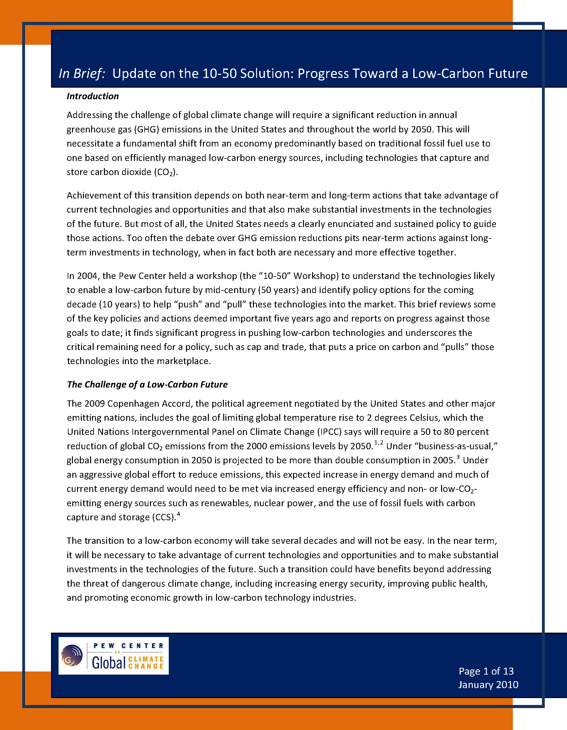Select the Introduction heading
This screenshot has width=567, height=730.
point(93,96)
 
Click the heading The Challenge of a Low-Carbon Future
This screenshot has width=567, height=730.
point(147,384)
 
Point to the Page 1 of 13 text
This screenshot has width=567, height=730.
point(486,671)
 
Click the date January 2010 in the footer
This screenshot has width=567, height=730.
point(488,685)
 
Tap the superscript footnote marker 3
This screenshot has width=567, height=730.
point(458,457)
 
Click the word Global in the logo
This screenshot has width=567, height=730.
point(109,662)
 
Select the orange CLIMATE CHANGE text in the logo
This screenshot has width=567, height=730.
point(146,662)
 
